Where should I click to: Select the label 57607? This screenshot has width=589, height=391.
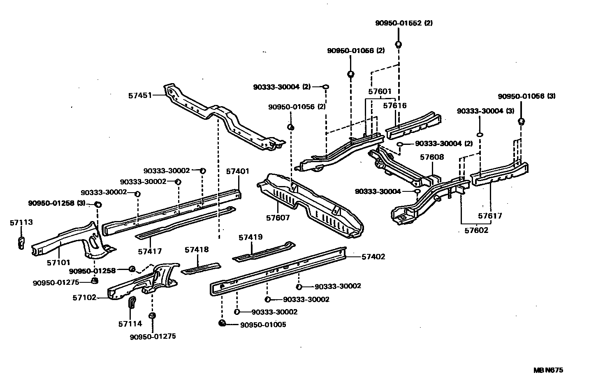278,218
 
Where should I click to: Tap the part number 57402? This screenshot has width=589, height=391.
373,257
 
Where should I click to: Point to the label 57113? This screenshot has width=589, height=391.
21,223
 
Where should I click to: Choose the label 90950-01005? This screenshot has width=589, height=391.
263,325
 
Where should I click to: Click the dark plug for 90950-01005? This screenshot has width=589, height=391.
222,323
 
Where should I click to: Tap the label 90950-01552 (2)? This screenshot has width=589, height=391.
404,23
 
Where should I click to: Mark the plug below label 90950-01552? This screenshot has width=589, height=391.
398,44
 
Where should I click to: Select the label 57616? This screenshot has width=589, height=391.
395,106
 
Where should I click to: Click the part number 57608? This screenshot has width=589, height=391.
432,157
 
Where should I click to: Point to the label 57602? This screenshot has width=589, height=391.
476,230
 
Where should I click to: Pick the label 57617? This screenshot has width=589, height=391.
490,216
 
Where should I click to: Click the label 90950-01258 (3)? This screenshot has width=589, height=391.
57,203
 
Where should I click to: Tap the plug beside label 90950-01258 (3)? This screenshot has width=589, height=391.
98,205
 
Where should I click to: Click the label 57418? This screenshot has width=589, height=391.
197,250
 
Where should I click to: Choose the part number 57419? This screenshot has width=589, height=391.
250,237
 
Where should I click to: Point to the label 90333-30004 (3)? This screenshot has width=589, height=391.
486,111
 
